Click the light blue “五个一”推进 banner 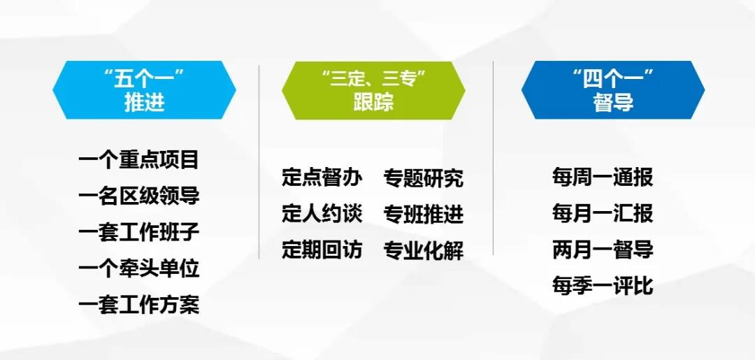[144, 90]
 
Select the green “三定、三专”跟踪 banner [373, 90]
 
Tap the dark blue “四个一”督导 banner [613, 90]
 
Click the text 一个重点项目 [139, 159]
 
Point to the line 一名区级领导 [139, 196]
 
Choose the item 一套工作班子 [139, 232]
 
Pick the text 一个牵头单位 [139, 268]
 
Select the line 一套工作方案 [139, 305]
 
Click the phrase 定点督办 [322, 178]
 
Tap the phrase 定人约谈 [322, 214]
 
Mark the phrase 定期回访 [322, 250]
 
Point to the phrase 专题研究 [424, 178]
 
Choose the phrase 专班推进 [424, 214]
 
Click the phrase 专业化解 [424, 250]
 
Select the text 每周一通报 [603, 178]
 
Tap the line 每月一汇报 [603, 214]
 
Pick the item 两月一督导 [603, 250]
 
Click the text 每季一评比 [603, 287]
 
